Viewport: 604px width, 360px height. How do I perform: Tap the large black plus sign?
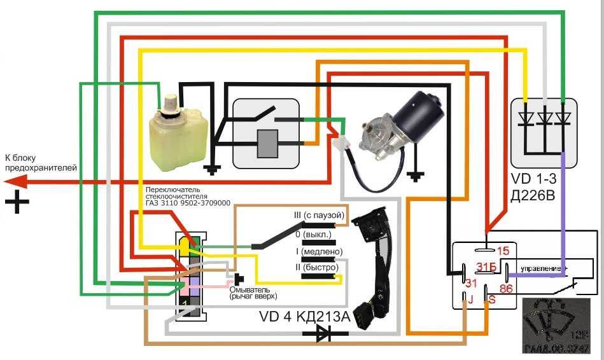point(17,203)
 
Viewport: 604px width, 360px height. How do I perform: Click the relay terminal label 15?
point(503,251)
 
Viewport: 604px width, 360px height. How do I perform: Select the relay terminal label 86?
point(506,288)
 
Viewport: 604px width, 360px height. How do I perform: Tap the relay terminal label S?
point(492,298)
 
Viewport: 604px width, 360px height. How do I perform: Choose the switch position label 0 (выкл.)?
point(312,235)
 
